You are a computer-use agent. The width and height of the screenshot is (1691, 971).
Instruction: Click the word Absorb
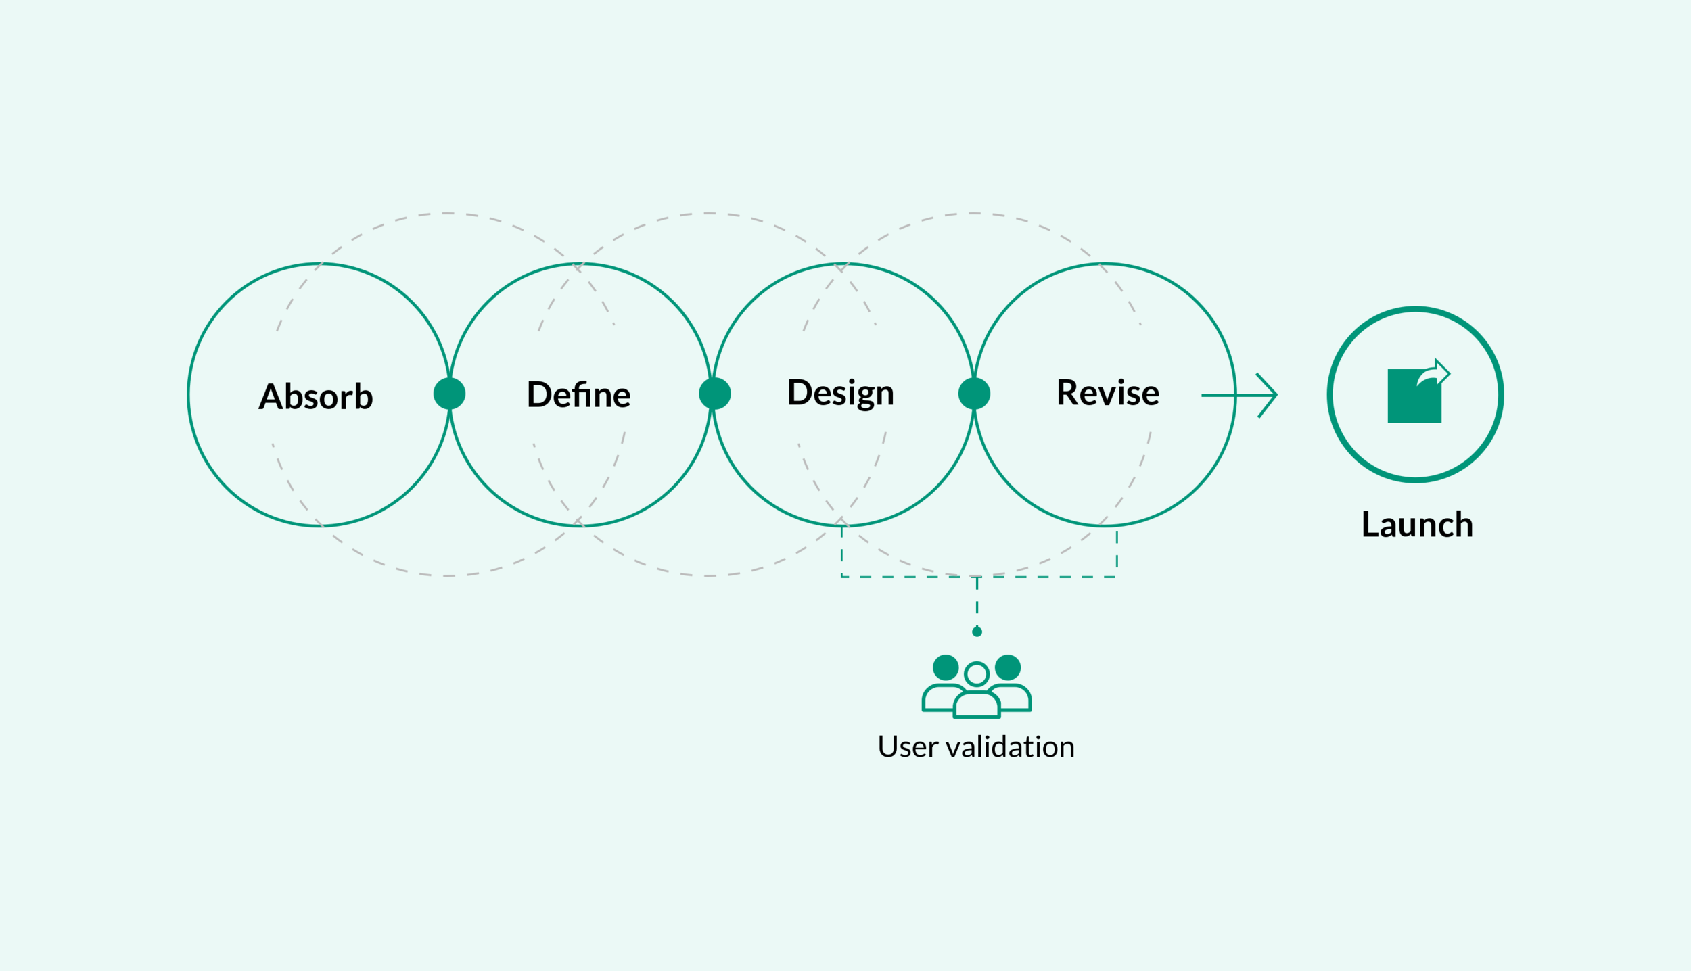(x=315, y=397)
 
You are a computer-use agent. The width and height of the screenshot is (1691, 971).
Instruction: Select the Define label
(x=578, y=395)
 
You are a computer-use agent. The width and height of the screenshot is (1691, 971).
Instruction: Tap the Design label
(x=840, y=393)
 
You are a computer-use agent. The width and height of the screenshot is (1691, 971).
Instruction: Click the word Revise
(x=1107, y=393)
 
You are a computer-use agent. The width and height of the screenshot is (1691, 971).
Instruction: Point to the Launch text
(x=1417, y=525)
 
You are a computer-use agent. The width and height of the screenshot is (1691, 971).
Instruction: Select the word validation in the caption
(x=1010, y=747)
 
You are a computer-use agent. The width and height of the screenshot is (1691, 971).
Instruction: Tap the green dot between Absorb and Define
(x=449, y=394)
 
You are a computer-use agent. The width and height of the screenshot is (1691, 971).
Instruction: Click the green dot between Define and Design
(x=715, y=394)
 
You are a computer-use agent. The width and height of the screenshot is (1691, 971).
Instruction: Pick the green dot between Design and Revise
(x=974, y=394)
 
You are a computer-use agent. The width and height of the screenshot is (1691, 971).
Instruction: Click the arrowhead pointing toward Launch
(x=1269, y=395)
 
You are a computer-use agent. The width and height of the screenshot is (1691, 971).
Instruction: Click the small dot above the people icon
(x=977, y=632)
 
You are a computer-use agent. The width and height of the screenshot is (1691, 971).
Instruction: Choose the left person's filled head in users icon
(x=946, y=667)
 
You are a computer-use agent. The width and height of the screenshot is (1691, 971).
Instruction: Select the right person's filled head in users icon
(x=1008, y=667)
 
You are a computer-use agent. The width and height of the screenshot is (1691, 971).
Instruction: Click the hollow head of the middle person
(x=977, y=673)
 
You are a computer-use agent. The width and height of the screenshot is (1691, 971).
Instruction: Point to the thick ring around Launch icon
(x=1330, y=395)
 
